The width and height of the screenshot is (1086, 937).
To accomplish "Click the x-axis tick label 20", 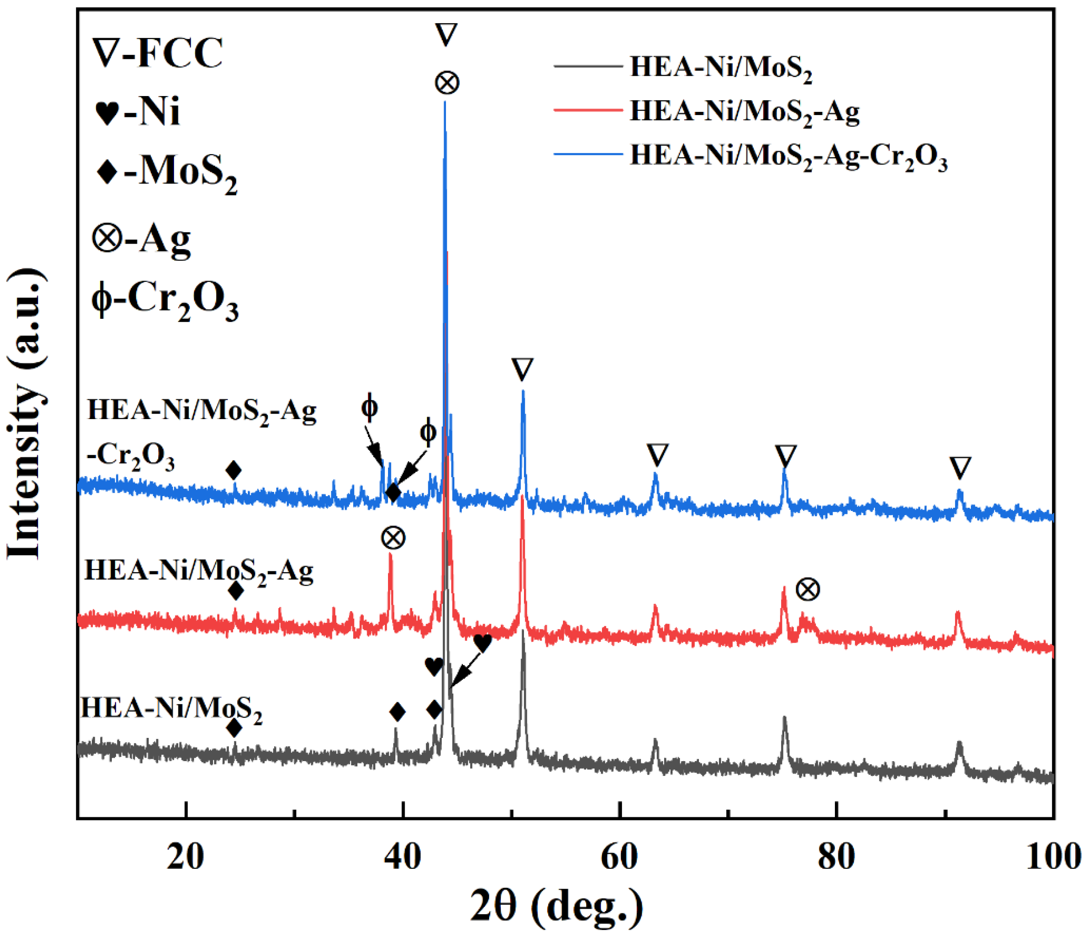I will tap(185, 857).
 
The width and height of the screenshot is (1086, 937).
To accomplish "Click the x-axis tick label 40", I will tap(402, 857).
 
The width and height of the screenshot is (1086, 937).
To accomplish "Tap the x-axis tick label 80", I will tap(836, 857).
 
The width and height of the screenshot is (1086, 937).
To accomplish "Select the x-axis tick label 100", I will tap(1053, 857).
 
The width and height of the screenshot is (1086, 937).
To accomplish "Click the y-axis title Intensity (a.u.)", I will tap(25, 414).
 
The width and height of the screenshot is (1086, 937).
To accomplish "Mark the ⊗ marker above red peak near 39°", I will tap(393, 538).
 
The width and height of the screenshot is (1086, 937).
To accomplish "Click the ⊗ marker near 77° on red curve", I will tap(808, 590).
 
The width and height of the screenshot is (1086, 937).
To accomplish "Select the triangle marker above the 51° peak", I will tap(523, 369).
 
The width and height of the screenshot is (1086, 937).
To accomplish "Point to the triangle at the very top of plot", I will tap(446, 35).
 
